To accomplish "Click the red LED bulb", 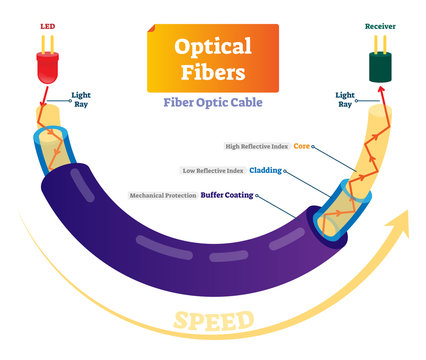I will coord(47,67).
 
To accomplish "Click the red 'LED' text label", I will coord(46,24).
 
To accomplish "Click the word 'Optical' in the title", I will coord(214,46).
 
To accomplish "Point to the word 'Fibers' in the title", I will coord(214,73).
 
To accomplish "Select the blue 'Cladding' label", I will coord(264,170).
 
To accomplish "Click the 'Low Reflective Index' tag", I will coord(212,170).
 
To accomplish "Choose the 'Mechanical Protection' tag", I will coord(159,195).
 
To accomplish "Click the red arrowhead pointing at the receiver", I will coord(378,93).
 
